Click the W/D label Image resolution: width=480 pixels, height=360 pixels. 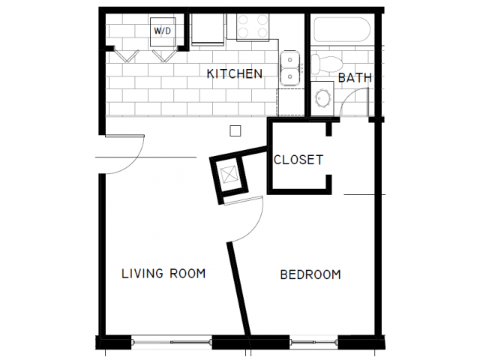(x=162, y=31)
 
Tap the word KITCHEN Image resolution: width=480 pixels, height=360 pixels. (x=234, y=73)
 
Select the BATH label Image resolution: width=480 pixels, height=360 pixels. (x=355, y=77)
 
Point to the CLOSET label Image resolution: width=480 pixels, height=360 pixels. (x=298, y=160)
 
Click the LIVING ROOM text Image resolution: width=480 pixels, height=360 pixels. (x=163, y=274)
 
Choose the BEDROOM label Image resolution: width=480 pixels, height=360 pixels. (x=310, y=274)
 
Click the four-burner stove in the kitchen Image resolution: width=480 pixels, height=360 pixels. (x=253, y=28)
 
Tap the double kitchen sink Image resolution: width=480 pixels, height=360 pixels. (x=290, y=67)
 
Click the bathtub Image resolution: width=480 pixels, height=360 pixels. (x=340, y=30)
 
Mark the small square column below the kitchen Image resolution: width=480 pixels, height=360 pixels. (x=235, y=130)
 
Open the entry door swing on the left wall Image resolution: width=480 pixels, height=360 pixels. (x=120, y=154)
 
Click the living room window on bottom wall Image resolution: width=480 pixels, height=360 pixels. (x=172, y=343)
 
